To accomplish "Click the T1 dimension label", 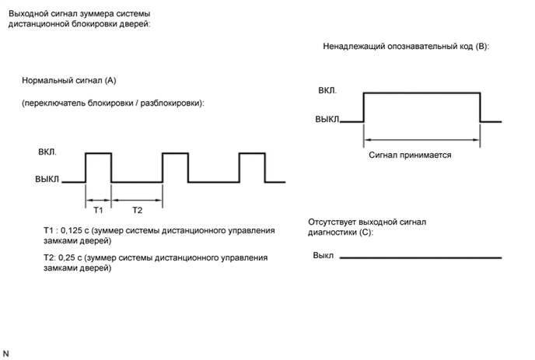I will (98, 210).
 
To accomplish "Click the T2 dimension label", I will (136, 210).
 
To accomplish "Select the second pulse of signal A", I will (175, 167).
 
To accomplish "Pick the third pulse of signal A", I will (252, 167).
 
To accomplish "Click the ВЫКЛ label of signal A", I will (47, 180).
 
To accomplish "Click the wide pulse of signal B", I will (421, 107).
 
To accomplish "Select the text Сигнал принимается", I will (410, 154).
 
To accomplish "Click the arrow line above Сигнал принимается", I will (421, 139).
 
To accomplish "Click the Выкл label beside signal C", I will (323, 255).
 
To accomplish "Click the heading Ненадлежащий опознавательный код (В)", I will (406, 46).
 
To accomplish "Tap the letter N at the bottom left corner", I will (6, 352).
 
